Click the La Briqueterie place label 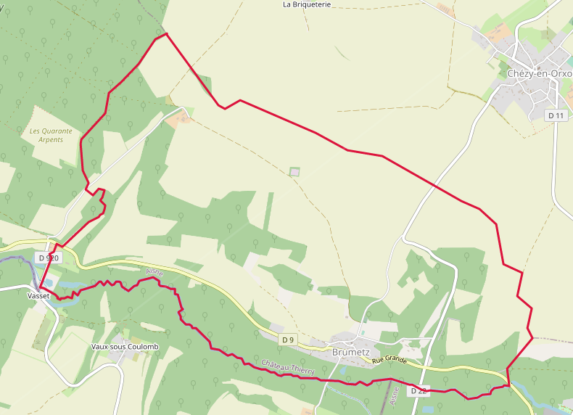(x=306, y=4)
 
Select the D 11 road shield (x=556, y=115)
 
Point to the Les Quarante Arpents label (x=51, y=135)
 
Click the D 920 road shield (x=47, y=258)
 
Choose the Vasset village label (x=38, y=296)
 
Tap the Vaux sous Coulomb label (x=125, y=346)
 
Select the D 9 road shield (x=288, y=340)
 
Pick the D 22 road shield (x=419, y=391)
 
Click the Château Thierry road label (x=288, y=367)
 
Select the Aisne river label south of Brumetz (x=394, y=395)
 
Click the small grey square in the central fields (x=294, y=172)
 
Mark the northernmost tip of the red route (x=166, y=33)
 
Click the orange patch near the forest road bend (x=178, y=118)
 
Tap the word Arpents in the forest (x=50, y=140)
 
